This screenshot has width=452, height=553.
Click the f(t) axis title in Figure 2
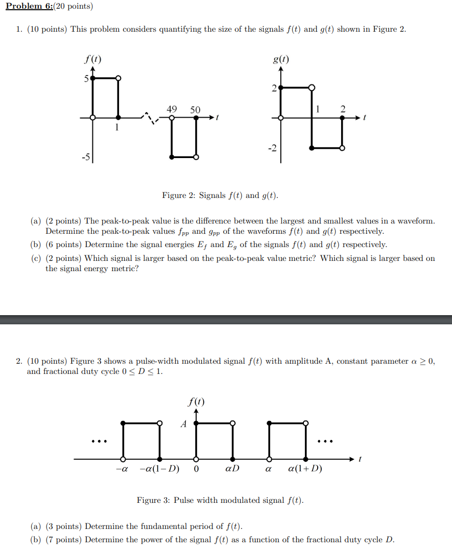[x=92, y=59]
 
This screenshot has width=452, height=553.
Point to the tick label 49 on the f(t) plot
[x=172, y=109]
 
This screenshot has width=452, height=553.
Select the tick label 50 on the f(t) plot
[x=195, y=109]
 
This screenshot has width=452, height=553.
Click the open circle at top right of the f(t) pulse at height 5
[x=118, y=78]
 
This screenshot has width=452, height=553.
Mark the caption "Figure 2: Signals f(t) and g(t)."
[x=220, y=195]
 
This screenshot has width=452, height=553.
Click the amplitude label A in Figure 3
[x=183, y=424]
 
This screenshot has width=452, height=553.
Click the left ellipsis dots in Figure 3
[x=99, y=440]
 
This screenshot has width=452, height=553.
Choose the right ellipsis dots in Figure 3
[x=325, y=440]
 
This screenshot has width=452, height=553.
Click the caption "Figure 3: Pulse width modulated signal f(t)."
[x=220, y=500]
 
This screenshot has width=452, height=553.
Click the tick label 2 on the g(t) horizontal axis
[x=343, y=109]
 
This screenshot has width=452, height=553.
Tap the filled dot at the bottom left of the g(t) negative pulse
[x=312, y=148]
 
